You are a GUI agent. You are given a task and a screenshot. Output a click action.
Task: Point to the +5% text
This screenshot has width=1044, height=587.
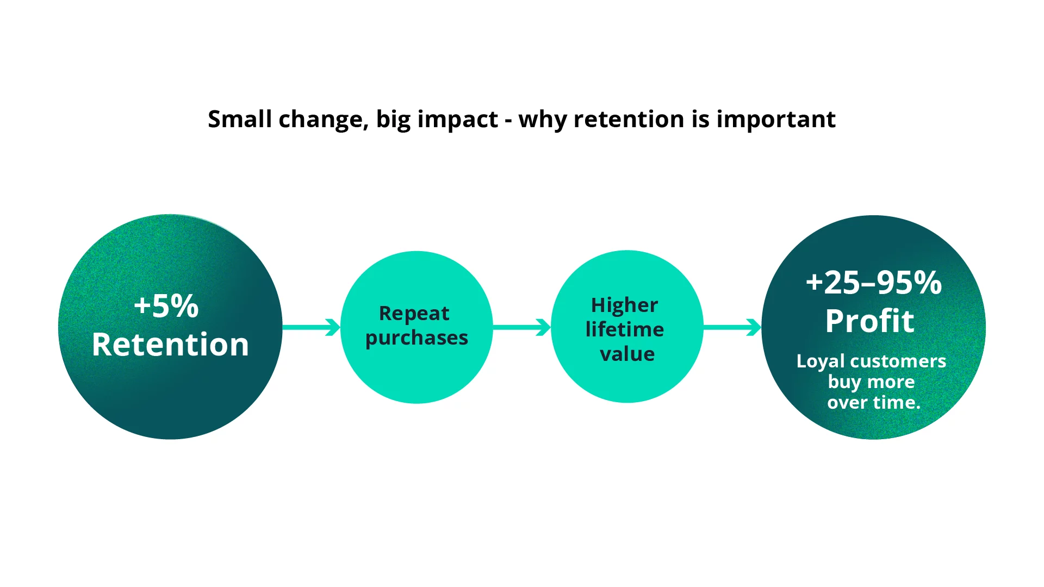(x=166, y=306)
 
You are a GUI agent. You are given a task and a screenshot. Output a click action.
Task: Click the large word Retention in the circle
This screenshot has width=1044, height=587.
(x=170, y=345)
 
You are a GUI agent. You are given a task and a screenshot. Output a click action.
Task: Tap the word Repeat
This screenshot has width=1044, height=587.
(x=414, y=314)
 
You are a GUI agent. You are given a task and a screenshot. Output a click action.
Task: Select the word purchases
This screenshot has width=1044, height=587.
(x=417, y=338)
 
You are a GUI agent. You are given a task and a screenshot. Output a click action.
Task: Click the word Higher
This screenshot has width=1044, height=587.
(x=624, y=305)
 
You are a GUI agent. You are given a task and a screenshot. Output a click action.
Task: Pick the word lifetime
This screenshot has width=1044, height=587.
(x=624, y=329)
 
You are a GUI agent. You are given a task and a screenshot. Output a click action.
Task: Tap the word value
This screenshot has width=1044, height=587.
(x=627, y=354)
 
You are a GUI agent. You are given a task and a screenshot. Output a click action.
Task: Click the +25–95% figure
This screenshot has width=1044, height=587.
(x=873, y=283)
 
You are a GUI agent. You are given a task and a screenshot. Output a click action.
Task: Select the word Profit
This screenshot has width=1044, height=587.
(x=869, y=321)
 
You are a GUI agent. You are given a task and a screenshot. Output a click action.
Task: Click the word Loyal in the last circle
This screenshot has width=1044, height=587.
(x=821, y=361)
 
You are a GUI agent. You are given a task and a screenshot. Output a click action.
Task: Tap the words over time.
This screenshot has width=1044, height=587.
(x=873, y=403)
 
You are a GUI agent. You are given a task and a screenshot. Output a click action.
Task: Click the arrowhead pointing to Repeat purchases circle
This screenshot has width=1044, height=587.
(x=333, y=327)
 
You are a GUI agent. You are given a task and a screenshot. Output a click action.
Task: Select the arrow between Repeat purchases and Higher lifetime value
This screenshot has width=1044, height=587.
(x=521, y=327)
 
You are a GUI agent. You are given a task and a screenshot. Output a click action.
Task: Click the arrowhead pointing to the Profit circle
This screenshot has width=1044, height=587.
(x=754, y=327)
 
